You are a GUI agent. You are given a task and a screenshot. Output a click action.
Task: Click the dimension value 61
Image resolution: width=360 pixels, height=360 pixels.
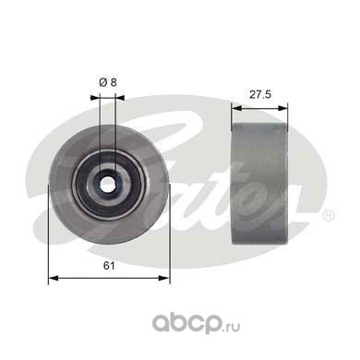click(109, 265)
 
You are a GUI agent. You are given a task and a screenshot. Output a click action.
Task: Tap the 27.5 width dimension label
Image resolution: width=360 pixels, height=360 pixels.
click(260, 94)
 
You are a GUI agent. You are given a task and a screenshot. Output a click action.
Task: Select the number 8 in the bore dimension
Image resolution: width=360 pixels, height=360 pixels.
click(114, 82)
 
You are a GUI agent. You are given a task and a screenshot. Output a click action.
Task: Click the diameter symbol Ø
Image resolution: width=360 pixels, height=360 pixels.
click(103, 82)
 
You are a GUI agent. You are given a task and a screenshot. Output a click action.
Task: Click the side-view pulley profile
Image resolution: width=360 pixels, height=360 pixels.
click(259, 184)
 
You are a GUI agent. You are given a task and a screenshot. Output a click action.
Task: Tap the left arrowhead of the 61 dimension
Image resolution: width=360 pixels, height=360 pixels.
click(54, 278)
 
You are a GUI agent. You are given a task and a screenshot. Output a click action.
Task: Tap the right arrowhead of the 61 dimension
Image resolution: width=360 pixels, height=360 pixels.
click(164, 278)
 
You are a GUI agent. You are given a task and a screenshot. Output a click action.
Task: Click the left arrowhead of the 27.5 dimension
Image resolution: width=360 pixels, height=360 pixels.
click(236, 108)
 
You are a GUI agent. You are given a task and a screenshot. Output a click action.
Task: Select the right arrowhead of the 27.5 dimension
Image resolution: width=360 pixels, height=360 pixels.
click(282, 108)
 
